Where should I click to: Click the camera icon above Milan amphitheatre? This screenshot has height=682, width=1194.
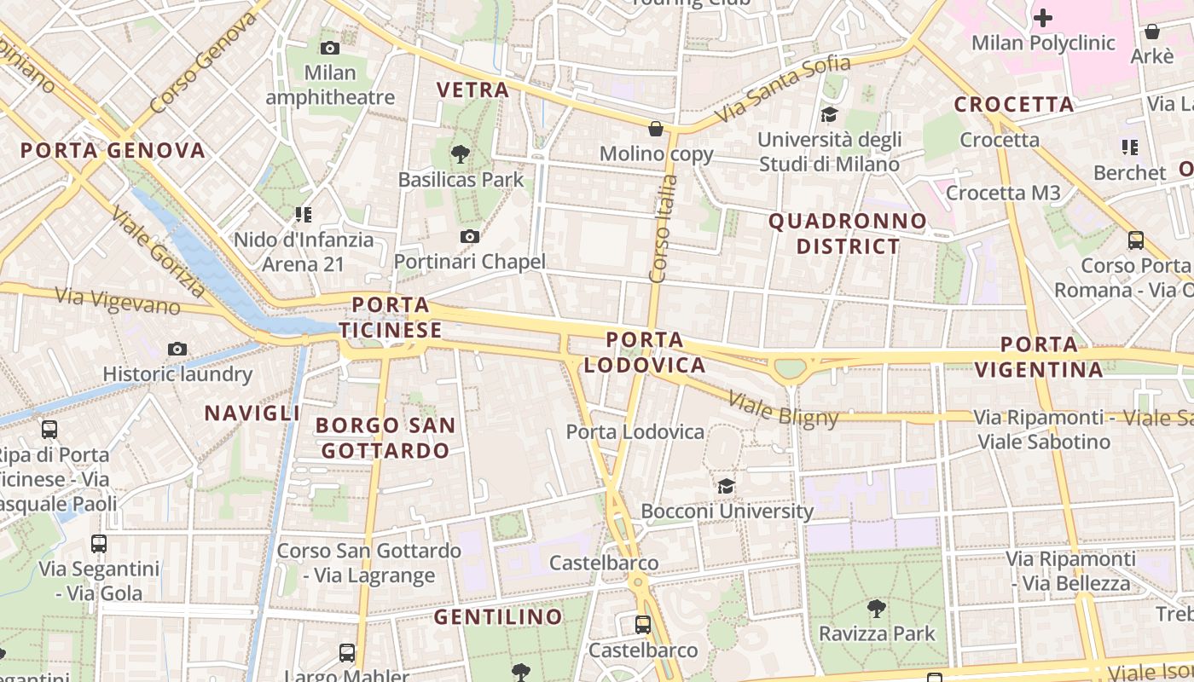tap(329, 49)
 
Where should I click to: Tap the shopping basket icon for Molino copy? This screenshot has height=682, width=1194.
tap(656, 129)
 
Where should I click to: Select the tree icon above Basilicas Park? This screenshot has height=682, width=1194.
tap(461, 154)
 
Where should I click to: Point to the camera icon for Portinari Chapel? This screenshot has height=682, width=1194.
tap(469, 236)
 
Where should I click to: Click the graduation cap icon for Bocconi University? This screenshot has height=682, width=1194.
tap(726, 486)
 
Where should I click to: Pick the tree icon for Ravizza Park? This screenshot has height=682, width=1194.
tap(876, 609)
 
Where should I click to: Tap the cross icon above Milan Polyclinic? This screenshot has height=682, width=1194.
tap(1043, 17)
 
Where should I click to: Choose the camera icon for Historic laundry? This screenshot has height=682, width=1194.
tap(177, 349)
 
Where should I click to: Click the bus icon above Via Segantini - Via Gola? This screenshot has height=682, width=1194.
tap(99, 543)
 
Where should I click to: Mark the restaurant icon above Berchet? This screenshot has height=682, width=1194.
tap(1131, 147)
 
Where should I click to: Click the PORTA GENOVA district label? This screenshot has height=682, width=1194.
tap(113, 151)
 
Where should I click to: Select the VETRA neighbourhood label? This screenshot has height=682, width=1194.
tap(472, 90)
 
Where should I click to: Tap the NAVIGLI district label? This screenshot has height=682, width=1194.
tap(252, 413)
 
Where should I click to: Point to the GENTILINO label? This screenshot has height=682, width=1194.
tap(498, 616)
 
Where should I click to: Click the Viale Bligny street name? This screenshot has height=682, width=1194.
tap(784, 408)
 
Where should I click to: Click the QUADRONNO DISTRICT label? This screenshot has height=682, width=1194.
tap(848, 234)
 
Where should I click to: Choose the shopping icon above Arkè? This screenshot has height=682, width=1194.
tap(1151, 32)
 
